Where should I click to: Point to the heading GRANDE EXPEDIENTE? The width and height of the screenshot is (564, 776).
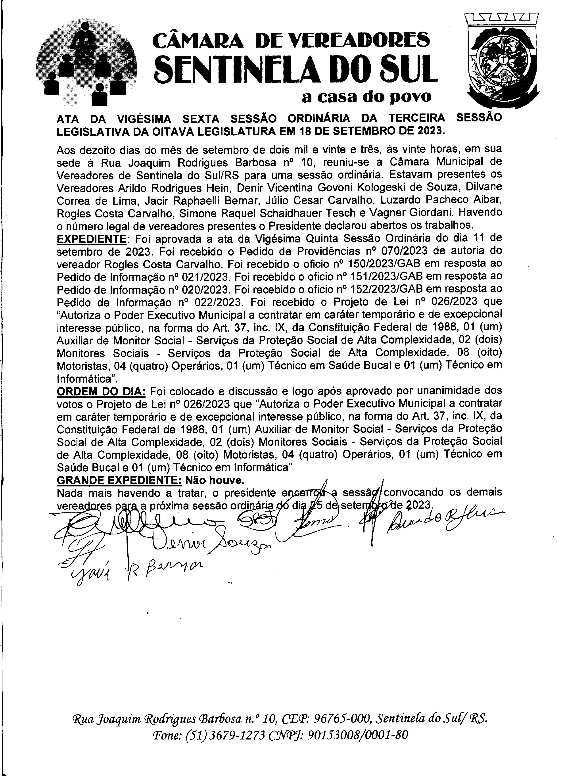point(119,480)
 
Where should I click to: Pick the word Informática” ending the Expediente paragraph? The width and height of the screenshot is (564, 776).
point(88,378)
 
